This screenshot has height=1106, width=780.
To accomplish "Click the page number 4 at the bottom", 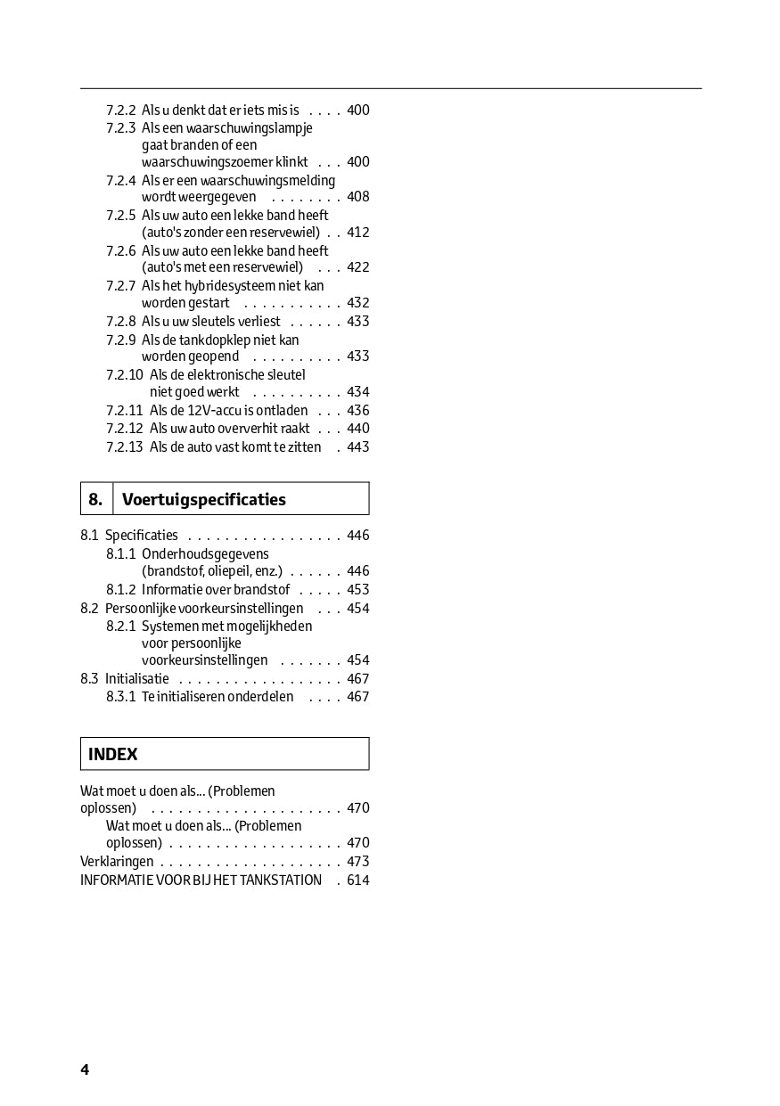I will (85, 1069).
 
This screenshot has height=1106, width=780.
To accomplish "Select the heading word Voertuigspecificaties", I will (204, 499).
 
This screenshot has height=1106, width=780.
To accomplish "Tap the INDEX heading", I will (113, 754).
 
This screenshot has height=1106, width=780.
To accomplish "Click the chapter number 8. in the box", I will (95, 499).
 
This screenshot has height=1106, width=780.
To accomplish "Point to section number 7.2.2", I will (120, 111).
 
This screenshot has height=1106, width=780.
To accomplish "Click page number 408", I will (357, 197).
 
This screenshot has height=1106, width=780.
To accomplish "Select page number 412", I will (357, 233).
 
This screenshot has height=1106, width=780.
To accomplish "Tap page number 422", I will (357, 267).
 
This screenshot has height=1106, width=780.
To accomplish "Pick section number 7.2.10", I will (124, 375).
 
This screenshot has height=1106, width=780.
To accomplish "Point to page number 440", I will (357, 429).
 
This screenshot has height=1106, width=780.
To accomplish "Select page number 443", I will (357, 447).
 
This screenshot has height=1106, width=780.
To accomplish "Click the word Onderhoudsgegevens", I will (205, 554).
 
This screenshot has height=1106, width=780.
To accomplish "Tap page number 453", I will (357, 590).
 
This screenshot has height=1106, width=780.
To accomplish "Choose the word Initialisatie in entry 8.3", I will (136, 679).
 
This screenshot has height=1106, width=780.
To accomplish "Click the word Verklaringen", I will (117, 862).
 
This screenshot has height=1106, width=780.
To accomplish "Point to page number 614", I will (357, 881).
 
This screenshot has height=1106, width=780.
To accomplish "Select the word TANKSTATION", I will (281, 881).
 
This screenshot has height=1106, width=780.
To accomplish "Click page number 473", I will (357, 862).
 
